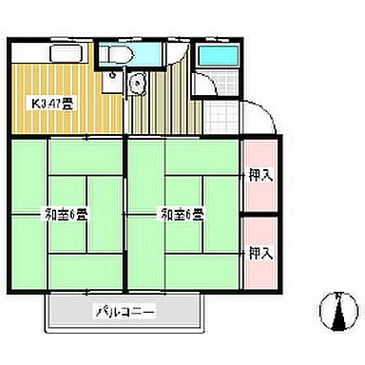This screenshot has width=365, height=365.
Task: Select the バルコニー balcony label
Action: tap(125, 312)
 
